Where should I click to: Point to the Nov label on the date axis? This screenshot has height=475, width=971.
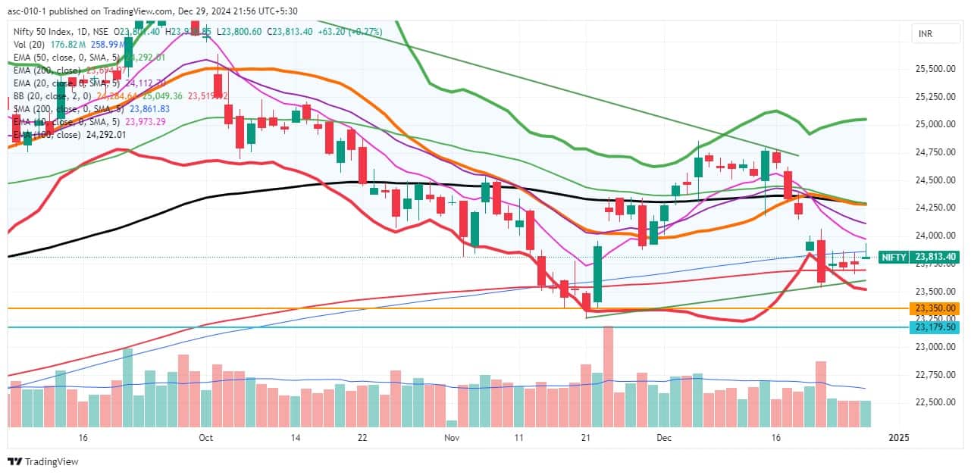click(x=452, y=438)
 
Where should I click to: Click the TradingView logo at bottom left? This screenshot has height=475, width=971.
click(x=43, y=461)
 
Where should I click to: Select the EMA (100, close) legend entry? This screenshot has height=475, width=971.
click(x=47, y=135)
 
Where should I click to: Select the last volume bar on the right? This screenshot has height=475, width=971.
click(x=866, y=414)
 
